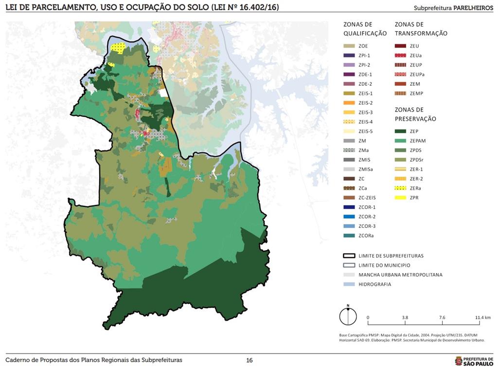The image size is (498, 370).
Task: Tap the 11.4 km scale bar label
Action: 482,317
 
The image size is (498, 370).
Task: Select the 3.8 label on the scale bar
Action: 405,317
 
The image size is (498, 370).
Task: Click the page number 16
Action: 249,360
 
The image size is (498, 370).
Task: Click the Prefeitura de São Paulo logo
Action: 474,360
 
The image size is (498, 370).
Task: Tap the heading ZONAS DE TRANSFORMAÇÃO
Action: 421,29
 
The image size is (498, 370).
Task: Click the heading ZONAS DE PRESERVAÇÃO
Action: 415,114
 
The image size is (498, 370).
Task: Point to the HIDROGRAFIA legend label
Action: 374,284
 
